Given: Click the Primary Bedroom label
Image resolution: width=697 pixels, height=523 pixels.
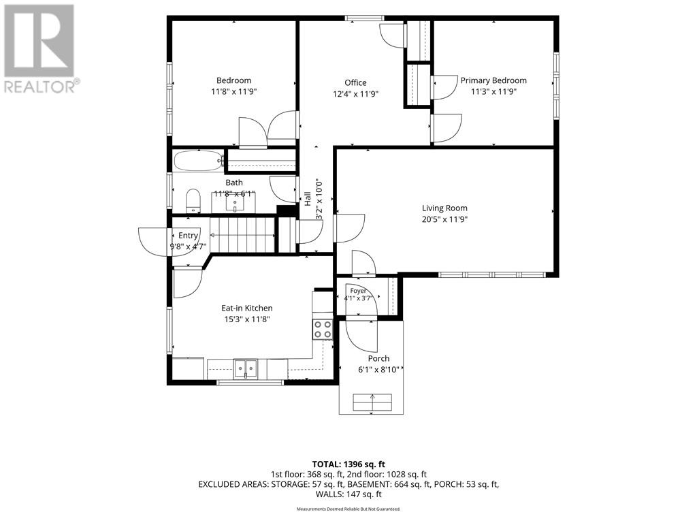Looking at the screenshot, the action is point(493,80).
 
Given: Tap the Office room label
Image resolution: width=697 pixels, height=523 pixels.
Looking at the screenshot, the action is point(355,82).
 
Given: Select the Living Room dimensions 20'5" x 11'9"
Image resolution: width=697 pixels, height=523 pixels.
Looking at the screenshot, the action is point(444,219).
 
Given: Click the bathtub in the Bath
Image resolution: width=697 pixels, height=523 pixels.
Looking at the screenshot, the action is point(199,161).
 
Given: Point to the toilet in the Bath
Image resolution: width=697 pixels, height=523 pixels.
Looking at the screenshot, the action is point(193,201).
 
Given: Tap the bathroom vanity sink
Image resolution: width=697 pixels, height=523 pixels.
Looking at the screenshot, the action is point(234,204).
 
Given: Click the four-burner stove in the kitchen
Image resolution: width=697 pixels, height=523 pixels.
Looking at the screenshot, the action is point(323,330).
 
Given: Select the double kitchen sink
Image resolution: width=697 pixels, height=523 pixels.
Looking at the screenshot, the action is point(246,368).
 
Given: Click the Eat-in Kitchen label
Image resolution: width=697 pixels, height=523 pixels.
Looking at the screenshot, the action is point(247,308).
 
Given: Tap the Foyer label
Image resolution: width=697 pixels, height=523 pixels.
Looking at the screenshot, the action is point(358,291).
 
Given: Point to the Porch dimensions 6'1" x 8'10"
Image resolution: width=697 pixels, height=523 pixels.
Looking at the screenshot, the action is point(378,369).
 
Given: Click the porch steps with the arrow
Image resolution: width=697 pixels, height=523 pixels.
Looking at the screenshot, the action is point(372,402).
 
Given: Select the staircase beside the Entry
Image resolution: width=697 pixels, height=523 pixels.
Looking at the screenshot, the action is point(242,234).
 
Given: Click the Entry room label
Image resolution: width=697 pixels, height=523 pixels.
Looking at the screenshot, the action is point(188,236).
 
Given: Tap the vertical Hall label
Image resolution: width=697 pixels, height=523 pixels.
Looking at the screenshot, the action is point(308,199).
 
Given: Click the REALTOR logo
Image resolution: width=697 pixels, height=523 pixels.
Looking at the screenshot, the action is point(40,49).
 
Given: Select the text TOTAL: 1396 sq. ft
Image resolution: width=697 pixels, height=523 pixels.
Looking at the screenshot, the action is point(348,464).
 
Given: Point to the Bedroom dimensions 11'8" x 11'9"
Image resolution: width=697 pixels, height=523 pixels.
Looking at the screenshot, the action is point(234,92).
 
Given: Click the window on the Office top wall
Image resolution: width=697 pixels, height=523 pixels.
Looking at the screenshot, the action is point(365,18).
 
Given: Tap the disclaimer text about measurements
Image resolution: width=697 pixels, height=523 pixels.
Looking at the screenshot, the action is point(348,509).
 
